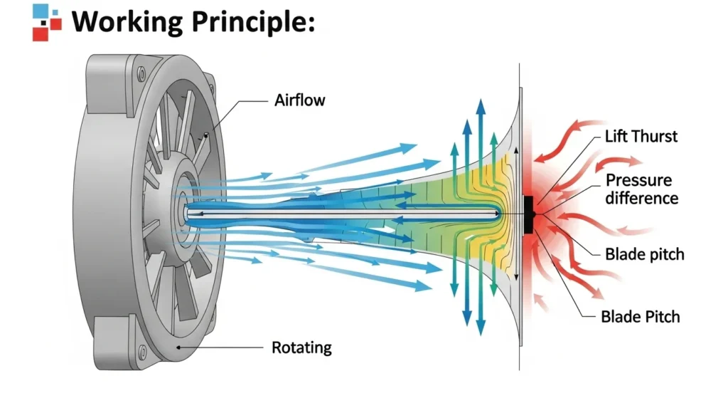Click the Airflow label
point(299,100)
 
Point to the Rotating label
point(301,347)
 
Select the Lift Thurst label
point(641,136)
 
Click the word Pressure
point(638,180)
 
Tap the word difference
point(641,198)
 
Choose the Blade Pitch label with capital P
point(640,316)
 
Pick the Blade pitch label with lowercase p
point(644,254)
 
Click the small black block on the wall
point(529,214)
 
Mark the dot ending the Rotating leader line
point(178,347)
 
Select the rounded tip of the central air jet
point(500,213)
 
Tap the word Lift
point(616,136)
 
